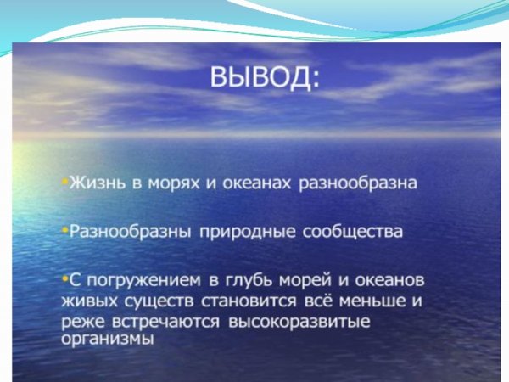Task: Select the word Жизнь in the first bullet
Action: point(96,183)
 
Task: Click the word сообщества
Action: point(338,231)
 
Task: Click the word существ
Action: point(152,301)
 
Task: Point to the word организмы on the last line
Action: point(107,339)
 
